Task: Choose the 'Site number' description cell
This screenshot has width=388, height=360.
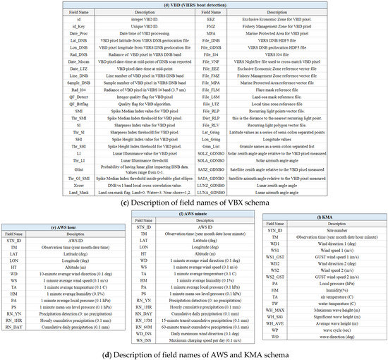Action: pos(324,229)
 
